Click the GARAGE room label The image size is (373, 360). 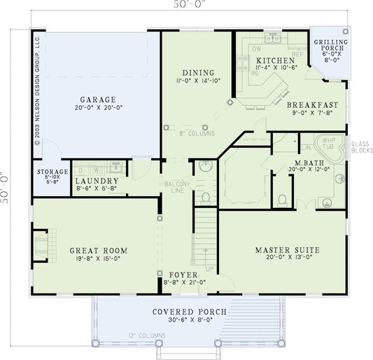pyautogui.click(x=97, y=99)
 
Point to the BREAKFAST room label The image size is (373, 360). pyautogui.click(x=313, y=104)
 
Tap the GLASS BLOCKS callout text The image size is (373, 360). pyautogui.click(x=361, y=146)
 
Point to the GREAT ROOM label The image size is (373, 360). pyautogui.click(x=97, y=249)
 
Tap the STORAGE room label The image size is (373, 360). pyautogui.click(x=52, y=172)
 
